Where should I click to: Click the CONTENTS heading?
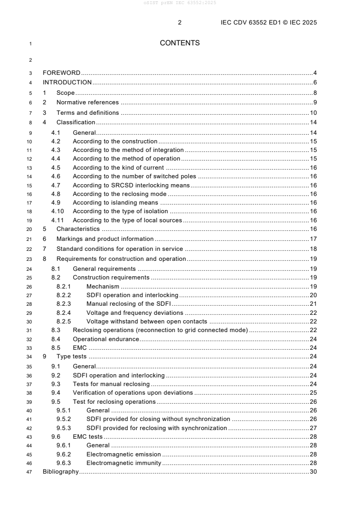(180, 43)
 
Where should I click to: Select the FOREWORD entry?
(61, 73)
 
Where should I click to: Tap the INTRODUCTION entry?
(67, 83)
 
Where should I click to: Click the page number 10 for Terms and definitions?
(313, 113)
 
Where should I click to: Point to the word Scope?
(65, 93)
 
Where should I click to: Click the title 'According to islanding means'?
(115, 203)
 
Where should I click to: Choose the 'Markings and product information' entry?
(104, 239)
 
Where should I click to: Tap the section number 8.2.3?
(64, 304)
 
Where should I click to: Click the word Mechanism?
(103, 287)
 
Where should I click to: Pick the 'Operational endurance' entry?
(106, 339)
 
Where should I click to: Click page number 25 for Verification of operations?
(313, 393)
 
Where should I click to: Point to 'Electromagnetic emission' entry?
(123, 455)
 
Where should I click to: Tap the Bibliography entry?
(60, 472)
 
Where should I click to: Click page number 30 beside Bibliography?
(313, 472)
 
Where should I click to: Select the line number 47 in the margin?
(30, 472)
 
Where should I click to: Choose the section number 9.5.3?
(64, 428)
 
